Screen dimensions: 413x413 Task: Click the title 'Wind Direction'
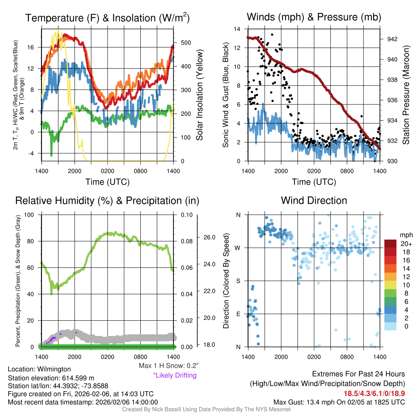314,200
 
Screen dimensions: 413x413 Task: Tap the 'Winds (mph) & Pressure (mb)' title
314,17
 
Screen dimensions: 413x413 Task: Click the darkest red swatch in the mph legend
390,244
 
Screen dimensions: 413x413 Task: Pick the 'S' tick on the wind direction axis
238,281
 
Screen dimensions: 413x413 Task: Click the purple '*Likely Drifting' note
175,375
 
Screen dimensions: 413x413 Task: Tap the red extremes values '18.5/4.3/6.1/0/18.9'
374,393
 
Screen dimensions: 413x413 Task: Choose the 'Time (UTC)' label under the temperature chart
107,182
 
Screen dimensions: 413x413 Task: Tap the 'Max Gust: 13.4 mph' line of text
339,402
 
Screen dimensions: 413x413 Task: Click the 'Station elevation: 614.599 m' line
51,378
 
